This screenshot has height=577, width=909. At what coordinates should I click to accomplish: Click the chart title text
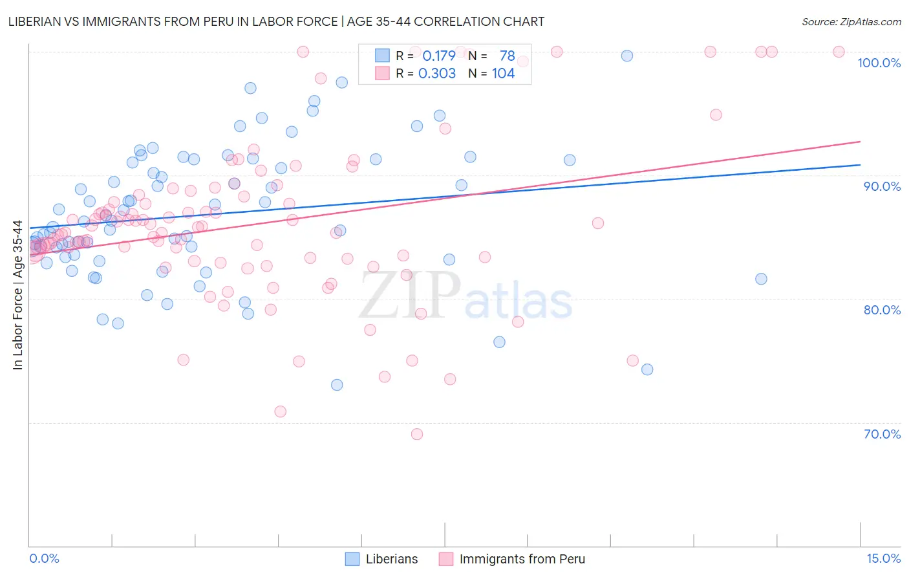[276, 21]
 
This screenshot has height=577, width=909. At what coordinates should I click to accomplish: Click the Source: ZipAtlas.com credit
[851, 21]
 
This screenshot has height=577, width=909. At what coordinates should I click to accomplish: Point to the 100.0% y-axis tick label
[879, 63]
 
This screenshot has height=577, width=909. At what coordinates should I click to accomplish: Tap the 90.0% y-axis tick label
[882, 186]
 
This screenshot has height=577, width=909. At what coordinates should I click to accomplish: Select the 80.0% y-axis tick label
[882, 310]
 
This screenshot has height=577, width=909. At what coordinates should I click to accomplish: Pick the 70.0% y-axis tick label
[882, 434]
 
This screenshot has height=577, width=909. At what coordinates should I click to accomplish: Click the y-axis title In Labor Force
[17, 295]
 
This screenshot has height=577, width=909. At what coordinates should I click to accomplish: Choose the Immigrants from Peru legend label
[522, 560]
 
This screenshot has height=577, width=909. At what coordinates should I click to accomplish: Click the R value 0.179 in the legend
[438, 56]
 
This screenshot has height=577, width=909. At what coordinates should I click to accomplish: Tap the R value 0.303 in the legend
[437, 74]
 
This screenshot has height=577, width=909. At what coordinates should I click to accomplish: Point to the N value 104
[503, 74]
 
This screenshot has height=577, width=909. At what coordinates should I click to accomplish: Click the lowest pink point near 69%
[417, 434]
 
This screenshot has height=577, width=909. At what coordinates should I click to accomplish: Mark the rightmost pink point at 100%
[839, 52]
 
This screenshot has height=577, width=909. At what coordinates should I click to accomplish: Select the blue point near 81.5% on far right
[761, 279]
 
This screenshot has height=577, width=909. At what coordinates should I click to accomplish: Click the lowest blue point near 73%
[337, 385]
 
